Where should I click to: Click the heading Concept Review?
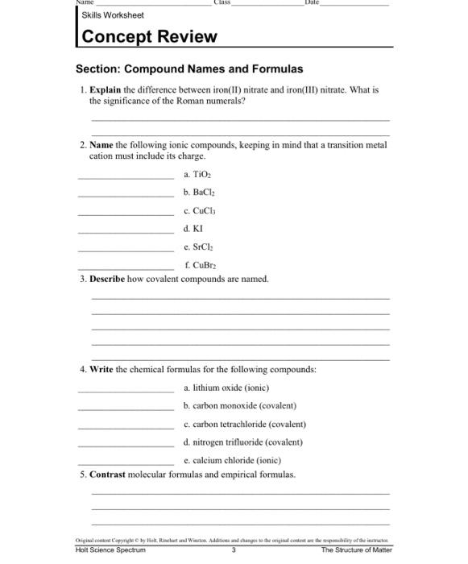(150, 37)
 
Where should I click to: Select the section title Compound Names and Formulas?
(189, 69)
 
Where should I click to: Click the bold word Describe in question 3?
(108, 279)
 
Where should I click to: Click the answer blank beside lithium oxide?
(125, 388)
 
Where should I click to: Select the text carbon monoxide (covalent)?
(240, 405)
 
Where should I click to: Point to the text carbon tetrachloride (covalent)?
(245, 424)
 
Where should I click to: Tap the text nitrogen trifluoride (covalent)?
(242, 442)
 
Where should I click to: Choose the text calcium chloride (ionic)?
(232, 461)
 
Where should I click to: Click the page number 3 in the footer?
(233, 550)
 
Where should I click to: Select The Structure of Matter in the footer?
(356, 550)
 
